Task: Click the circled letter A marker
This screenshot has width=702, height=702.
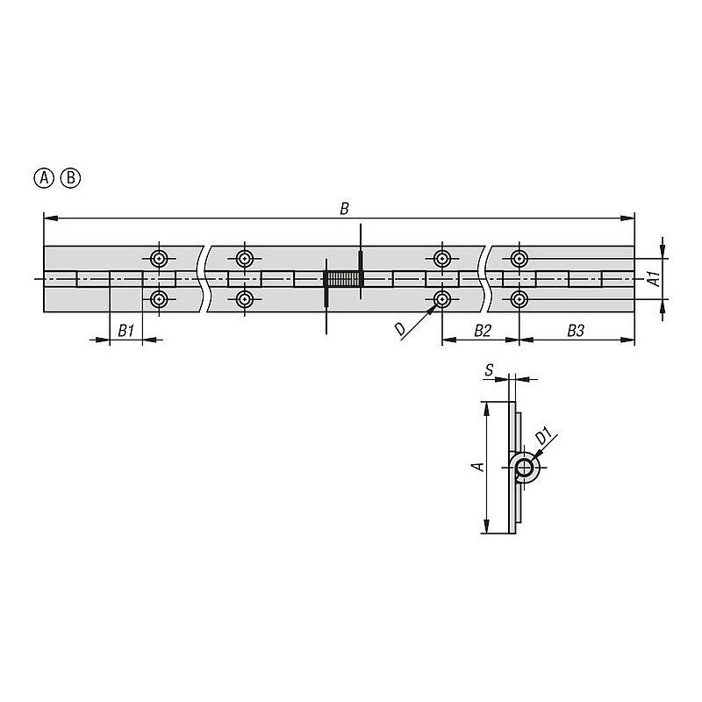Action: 44,178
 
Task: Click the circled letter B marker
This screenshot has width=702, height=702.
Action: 71,178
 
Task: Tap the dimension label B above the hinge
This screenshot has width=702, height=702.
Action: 344,209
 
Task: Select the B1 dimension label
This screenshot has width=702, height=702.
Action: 125,331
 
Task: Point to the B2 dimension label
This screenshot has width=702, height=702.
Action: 483,331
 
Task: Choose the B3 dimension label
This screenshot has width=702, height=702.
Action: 576,331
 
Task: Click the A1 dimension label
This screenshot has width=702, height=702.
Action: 654,278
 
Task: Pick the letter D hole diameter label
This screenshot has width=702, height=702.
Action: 400,330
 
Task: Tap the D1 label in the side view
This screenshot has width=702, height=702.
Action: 543,436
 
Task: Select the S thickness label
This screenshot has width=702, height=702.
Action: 489,369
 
